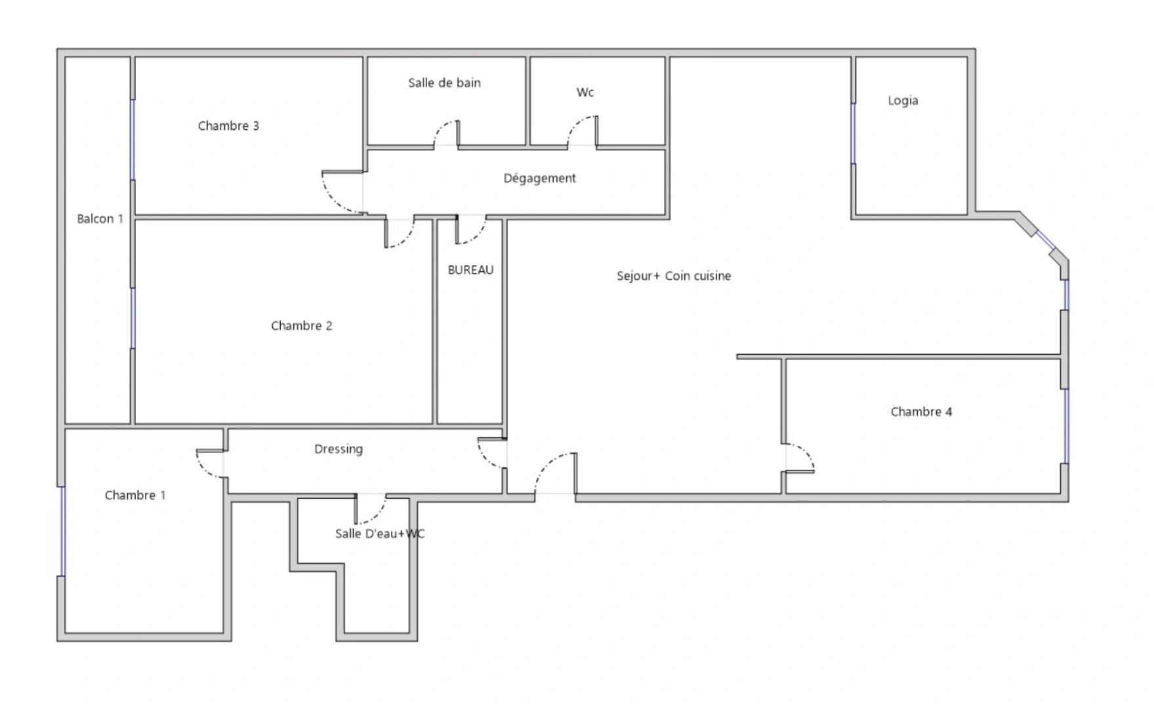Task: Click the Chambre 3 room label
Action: click(228, 126)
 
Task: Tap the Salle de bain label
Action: click(444, 83)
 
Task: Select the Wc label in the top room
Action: click(585, 92)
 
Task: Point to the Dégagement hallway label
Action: click(539, 178)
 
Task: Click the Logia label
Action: click(903, 101)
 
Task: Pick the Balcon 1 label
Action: click(100, 219)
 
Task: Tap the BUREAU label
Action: click(470, 270)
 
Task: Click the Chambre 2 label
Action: click(301, 326)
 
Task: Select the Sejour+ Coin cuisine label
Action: click(673, 276)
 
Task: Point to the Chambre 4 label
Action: click(920, 412)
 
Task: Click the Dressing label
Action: click(338, 449)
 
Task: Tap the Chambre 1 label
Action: click(134, 496)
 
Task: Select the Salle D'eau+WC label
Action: click(379, 534)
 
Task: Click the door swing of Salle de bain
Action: click(445, 133)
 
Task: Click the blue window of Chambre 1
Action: click(63, 531)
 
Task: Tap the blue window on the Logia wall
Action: click(853, 133)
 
